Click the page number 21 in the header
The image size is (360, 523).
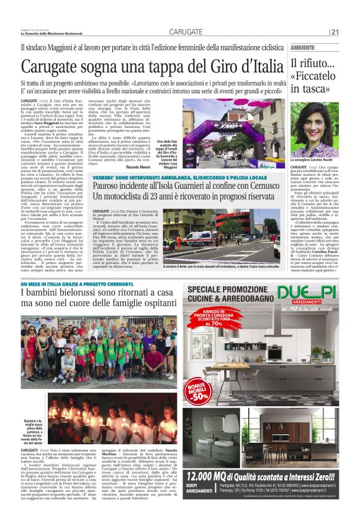coord(335,32)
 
